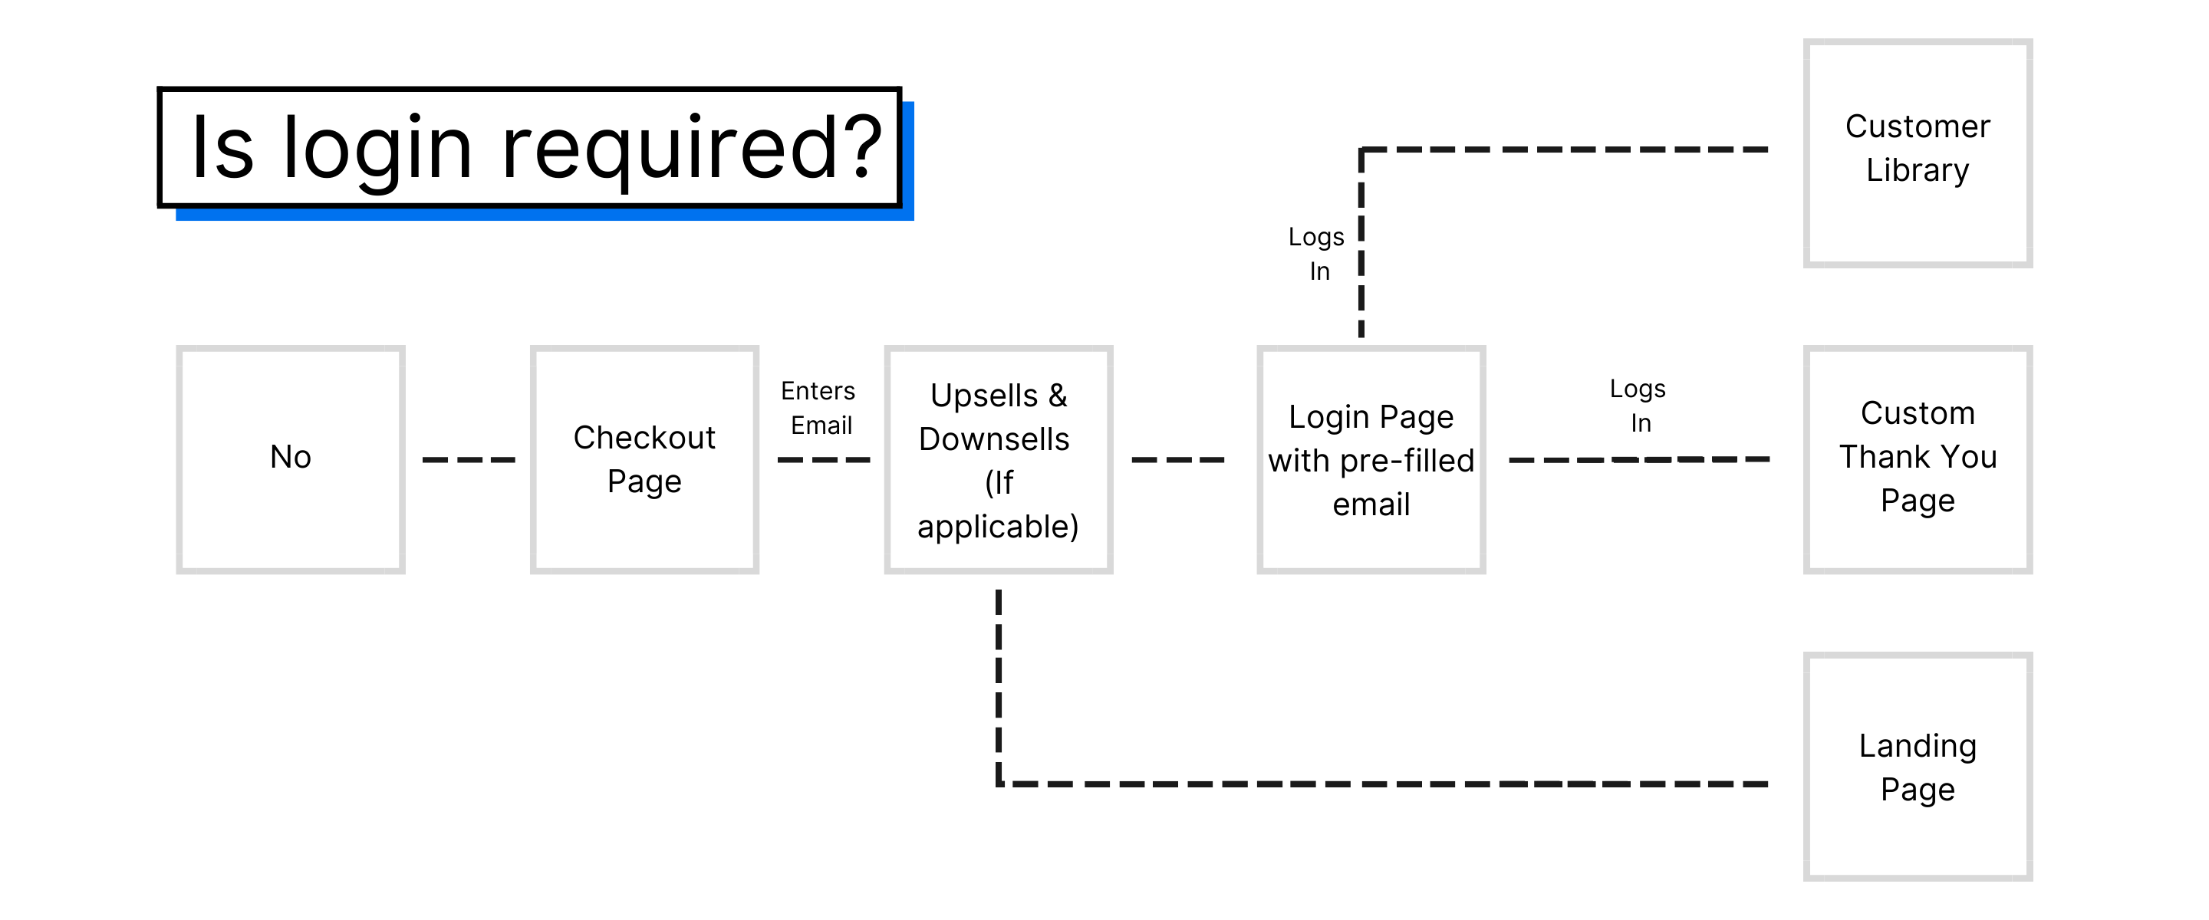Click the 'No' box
coord(291,458)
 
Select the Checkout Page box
coord(644,458)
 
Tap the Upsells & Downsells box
coord(998,458)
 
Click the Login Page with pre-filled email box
coord(1371,458)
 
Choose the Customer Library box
coord(1917,153)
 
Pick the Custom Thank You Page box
coord(1917,458)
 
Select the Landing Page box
coord(1917,766)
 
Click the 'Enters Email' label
coord(820,407)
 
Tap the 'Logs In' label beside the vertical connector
coord(1316,253)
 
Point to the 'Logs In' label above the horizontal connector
coord(1638,405)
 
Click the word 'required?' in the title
coord(691,148)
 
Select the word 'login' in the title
coord(377,148)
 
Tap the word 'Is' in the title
coord(222,148)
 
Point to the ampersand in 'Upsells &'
coord(1058,396)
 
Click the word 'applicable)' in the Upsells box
coord(997,526)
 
